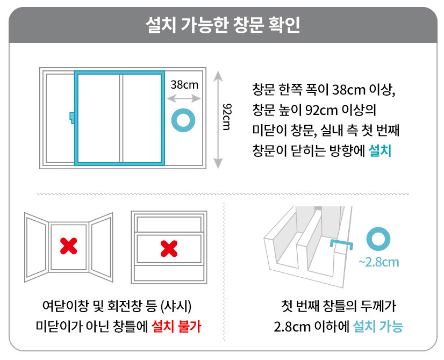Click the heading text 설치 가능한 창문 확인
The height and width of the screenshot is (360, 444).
click(223, 24)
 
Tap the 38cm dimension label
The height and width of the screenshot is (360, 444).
click(184, 84)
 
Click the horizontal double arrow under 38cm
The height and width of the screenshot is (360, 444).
click(184, 98)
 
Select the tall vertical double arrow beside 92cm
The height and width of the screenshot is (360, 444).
click(218, 120)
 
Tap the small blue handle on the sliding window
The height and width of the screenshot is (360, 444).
click(72, 116)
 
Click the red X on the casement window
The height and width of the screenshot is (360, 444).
click(68, 246)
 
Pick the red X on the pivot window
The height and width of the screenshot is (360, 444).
click(169, 248)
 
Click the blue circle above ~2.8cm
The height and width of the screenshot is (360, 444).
click(378, 240)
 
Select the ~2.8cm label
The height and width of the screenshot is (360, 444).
click(378, 262)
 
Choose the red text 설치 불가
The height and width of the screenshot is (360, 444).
click(180, 326)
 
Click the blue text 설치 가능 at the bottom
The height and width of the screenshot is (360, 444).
click(378, 326)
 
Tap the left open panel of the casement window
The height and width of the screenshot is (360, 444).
click(37, 247)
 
